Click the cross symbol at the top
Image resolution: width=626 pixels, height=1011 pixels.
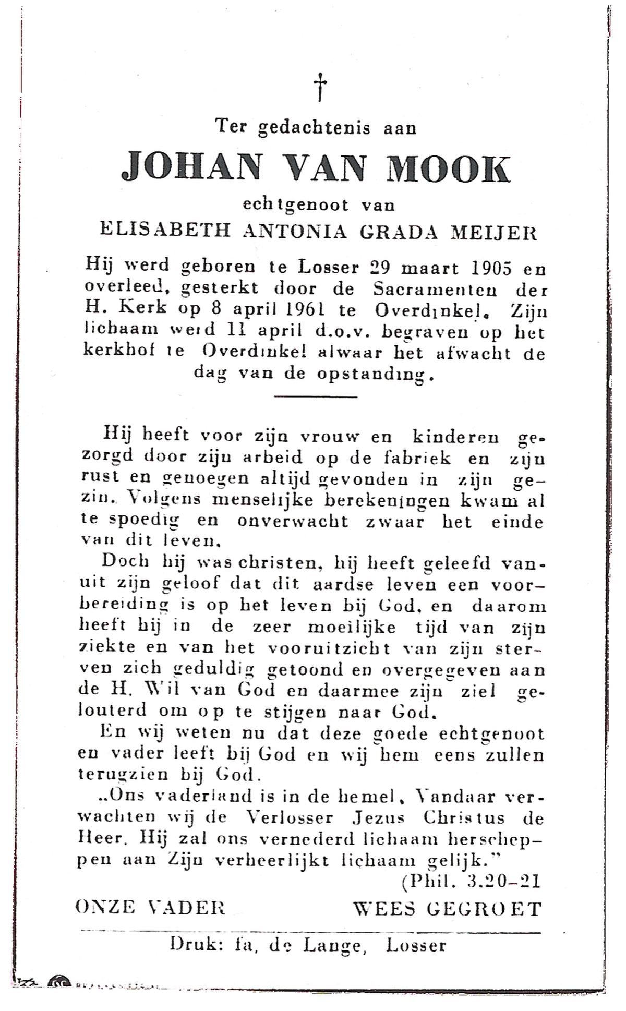pyautogui.click(x=320, y=87)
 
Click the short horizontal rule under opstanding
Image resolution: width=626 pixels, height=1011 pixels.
pyautogui.click(x=315, y=397)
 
